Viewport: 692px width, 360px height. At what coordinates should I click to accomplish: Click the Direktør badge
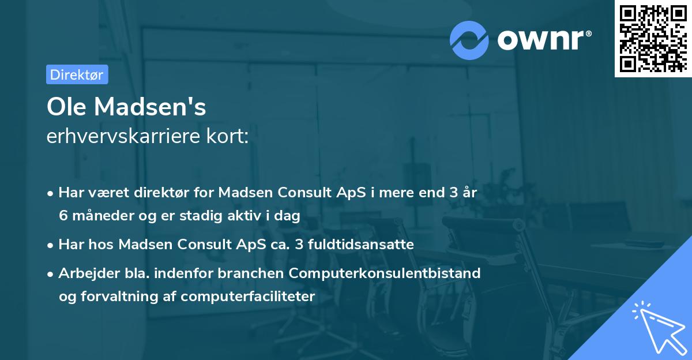click(x=77, y=74)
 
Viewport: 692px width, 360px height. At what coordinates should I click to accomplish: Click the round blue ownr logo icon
click(x=469, y=40)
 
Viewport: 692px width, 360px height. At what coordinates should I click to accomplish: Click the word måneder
click(x=100, y=216)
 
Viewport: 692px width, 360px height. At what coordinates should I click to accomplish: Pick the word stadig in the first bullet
click(x=195, y=216)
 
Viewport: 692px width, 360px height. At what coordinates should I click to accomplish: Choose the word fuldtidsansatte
click(x=362, y=245)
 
